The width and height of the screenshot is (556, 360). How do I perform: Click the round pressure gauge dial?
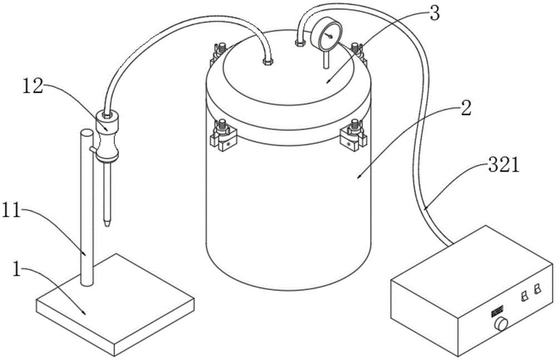point(329,37)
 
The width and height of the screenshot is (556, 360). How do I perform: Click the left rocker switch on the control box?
point(524,296)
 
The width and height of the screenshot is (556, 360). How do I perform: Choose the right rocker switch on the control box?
point(537,289)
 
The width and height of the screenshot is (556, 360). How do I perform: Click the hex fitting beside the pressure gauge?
point(301,42)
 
